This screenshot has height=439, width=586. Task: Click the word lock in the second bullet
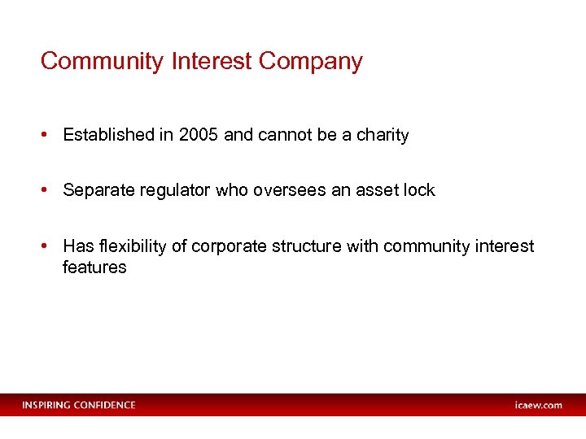click(x=419, y=190)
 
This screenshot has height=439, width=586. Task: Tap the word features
click(x=94, y=267)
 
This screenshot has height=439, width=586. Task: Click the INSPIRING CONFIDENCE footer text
click(x=79, y=405)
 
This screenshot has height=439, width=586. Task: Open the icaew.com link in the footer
click(x=538, y=405)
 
